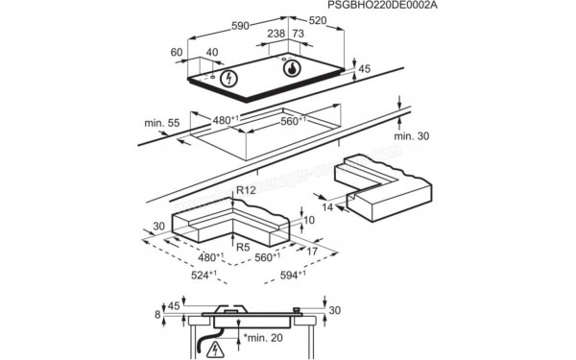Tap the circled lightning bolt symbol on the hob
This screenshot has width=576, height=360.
(229, 79)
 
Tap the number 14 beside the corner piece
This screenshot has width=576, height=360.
(328, 207)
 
